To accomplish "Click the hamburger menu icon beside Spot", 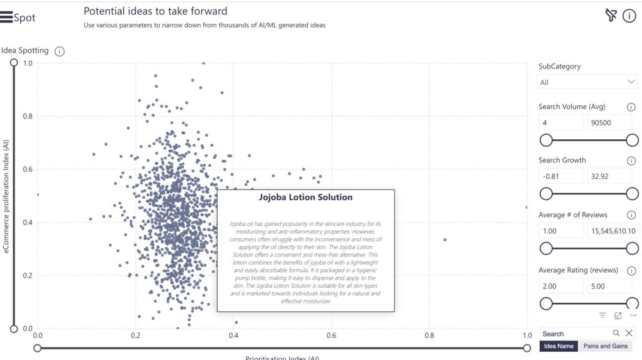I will coord(7,18).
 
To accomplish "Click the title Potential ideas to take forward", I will coord(155,11).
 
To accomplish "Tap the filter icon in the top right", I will coord(611,16).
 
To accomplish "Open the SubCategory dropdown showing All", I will coord(587,82).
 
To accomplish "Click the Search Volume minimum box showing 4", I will coord(560,123).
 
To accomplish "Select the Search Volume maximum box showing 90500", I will coord(609,123).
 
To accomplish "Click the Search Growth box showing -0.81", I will coord(560,176).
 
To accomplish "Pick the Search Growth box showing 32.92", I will coord(609,176).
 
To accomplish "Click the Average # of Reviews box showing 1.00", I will coord(560,231).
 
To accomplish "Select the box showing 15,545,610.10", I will coord(612,231).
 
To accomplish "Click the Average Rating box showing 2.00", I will coord(560,286).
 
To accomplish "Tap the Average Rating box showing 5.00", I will coord(609,286).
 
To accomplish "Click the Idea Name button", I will coord(559,346).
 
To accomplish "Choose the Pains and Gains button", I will coord(606,346).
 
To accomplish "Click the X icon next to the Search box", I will coord(629,333).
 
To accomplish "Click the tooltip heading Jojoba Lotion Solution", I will coord(305,197).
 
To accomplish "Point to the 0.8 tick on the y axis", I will coord(28,116).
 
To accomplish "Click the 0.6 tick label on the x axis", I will coord(331,336).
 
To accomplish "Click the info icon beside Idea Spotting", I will coord(60,51).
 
